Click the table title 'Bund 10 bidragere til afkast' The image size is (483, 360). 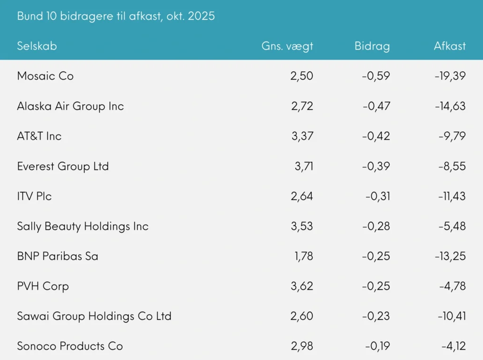point(116,16)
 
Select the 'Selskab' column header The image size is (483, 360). point(37,46)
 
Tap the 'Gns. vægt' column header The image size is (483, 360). point(287,46)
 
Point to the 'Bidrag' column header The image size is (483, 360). point(372,46)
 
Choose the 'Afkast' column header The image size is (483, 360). point(450,46)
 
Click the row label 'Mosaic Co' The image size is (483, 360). point(45,76)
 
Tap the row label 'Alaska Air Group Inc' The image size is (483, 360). point(70,106)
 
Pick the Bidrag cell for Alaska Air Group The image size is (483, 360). point(376,106)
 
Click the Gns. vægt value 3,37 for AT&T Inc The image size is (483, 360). point(302,136)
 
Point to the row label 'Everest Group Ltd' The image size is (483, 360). point(63,166)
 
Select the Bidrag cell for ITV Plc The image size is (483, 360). point(377,196)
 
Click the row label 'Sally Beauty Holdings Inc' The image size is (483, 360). point(83,226)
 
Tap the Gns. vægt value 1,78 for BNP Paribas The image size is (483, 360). point(302,256)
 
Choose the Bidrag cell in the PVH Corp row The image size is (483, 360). point(376,286)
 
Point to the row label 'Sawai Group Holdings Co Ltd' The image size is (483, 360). point(94,316)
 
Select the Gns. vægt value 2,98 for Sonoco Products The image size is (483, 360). point(302,346)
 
